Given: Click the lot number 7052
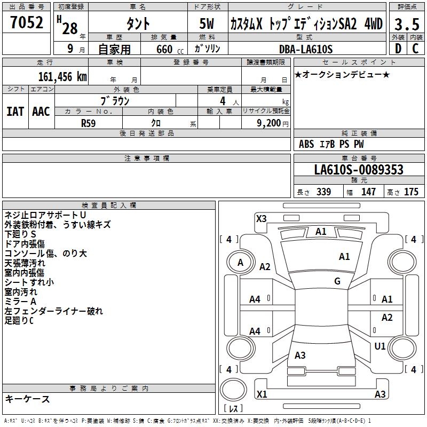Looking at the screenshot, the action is pyautogui.click(x=27, y=23).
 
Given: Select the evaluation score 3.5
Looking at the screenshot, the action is pyautogui.click(x=405, y=25).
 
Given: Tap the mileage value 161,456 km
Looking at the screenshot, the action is pyautogui.click(x=62, y=76).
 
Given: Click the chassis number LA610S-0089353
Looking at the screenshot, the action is pyautogui.click(x=359, y=170).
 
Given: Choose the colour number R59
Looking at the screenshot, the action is pyautogui.click(x=89, y=123).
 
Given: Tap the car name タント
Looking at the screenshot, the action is pyautogui.click(x=138, y=24).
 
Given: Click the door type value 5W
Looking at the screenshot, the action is pyautogui.click(x=208, y=24).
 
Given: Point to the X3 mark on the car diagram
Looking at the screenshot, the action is pyautogui.click(x=261, y=218).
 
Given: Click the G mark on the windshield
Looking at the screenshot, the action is pyautogui.click(x=337, y=281).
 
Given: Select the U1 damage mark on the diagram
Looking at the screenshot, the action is pyautogui.click(x=380, y=346).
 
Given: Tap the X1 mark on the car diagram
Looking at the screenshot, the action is pyautogui.click(x=262, y=394).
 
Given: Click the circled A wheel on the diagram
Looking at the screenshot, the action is pyautogui.click(x=240, y=262).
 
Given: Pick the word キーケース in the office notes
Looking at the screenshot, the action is pyautogui.click(x=27, y=399).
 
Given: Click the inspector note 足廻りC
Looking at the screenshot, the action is pyautogui.click(x=19, y=321).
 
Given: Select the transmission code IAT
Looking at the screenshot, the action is pyautogui.click(x=15, y=111).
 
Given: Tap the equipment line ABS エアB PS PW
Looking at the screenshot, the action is pyautogui.click(x=331, y=144).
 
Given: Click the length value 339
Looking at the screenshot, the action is pyautogui.click(x=323, y=192).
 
